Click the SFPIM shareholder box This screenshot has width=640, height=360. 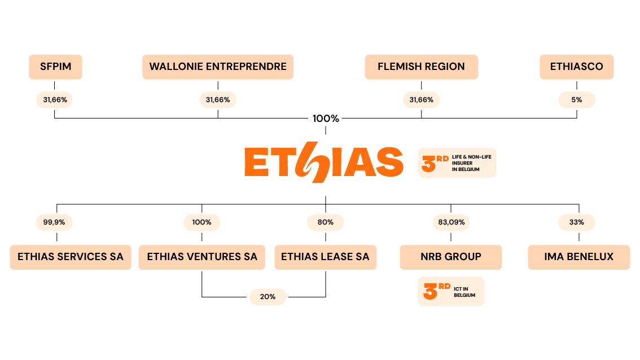(x=55, y=67)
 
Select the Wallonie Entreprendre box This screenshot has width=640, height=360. (x=218, y=67)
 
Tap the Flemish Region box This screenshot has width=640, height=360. (x=421, y=67)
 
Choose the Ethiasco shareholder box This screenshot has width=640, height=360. (x=577, y=67)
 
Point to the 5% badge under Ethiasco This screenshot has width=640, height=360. (x=577, y=100)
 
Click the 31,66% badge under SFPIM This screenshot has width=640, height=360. (x=54, y=100)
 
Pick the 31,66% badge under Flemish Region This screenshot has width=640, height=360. (x=421, y=100)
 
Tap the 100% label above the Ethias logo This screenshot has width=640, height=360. (x=326, y=118)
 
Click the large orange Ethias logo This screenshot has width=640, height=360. (x=324, y=163)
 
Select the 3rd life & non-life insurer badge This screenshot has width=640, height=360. (x=457, y=163)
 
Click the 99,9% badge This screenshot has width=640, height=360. (x=54, y=222)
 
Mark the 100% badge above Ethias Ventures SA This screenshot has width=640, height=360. (x=201, y=222)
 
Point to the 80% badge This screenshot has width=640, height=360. (x=326, y=222)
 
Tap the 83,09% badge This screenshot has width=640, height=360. (x=451, y=222)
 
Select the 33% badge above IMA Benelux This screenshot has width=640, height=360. (x=577, y=222)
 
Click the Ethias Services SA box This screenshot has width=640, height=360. (x=71, y=257)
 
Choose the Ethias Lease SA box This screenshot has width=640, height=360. (x=325, y=257)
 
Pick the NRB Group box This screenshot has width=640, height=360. (x=451, y=257)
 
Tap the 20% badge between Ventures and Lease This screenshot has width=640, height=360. (x=268, y=297)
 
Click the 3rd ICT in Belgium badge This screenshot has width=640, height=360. (x=451, y=291)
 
